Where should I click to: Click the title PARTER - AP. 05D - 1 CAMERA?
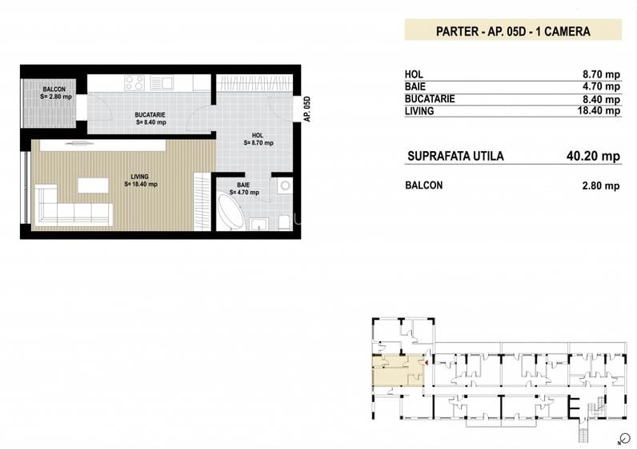[x=513, y=32]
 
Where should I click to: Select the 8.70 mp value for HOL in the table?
[x=601, y=74]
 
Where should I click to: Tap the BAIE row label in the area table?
[x=415, y=86]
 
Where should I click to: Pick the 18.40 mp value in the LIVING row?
[x=599, y=110]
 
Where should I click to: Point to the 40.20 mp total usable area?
[x=593, y=156]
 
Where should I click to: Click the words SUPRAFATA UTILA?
[x=455, y=156]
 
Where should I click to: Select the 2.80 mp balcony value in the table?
[x=601, y=186]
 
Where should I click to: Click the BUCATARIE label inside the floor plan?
[x=150, y=115]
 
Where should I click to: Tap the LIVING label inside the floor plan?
[x=139, y=177]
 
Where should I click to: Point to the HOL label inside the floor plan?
[x=258, y=136]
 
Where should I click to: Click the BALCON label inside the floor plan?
[x=54, y=90]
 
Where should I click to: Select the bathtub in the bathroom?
[x=230, y=212]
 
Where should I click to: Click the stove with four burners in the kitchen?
[x=134, y=83]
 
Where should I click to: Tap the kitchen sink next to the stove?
[x=162, y=83]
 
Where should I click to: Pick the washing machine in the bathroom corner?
[x=285, y=185]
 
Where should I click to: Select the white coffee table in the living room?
[x=93, y=185]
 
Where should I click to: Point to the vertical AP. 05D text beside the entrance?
[x=307, y=109]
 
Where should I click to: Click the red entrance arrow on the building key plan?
[x=427, y=362]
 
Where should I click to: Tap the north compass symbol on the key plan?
[x=624, y=438]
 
